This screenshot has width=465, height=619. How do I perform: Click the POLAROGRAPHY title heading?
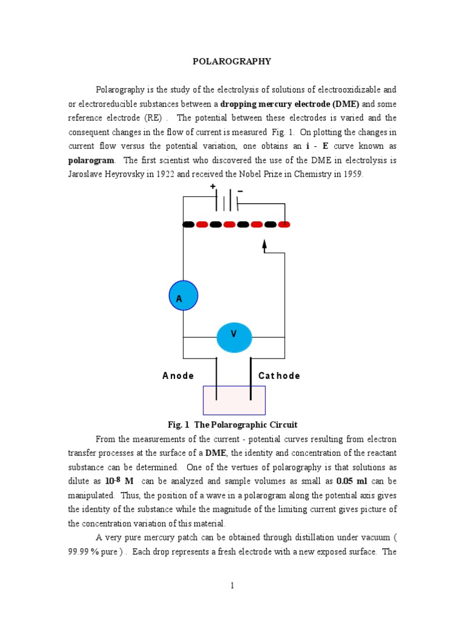(232, 61)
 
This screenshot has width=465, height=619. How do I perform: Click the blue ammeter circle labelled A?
(183, 296)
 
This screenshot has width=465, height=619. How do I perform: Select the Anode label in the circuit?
(178, 375)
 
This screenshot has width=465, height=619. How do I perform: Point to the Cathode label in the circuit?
(279, 375)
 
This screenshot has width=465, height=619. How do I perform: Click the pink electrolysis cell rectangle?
(234, 401)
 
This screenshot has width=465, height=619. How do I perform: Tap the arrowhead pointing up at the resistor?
(264, 244)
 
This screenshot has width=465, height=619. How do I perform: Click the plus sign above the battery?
(213, 187)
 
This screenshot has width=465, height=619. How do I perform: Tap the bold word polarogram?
(91, 161)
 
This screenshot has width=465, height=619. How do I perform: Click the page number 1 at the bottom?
(232, 585)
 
